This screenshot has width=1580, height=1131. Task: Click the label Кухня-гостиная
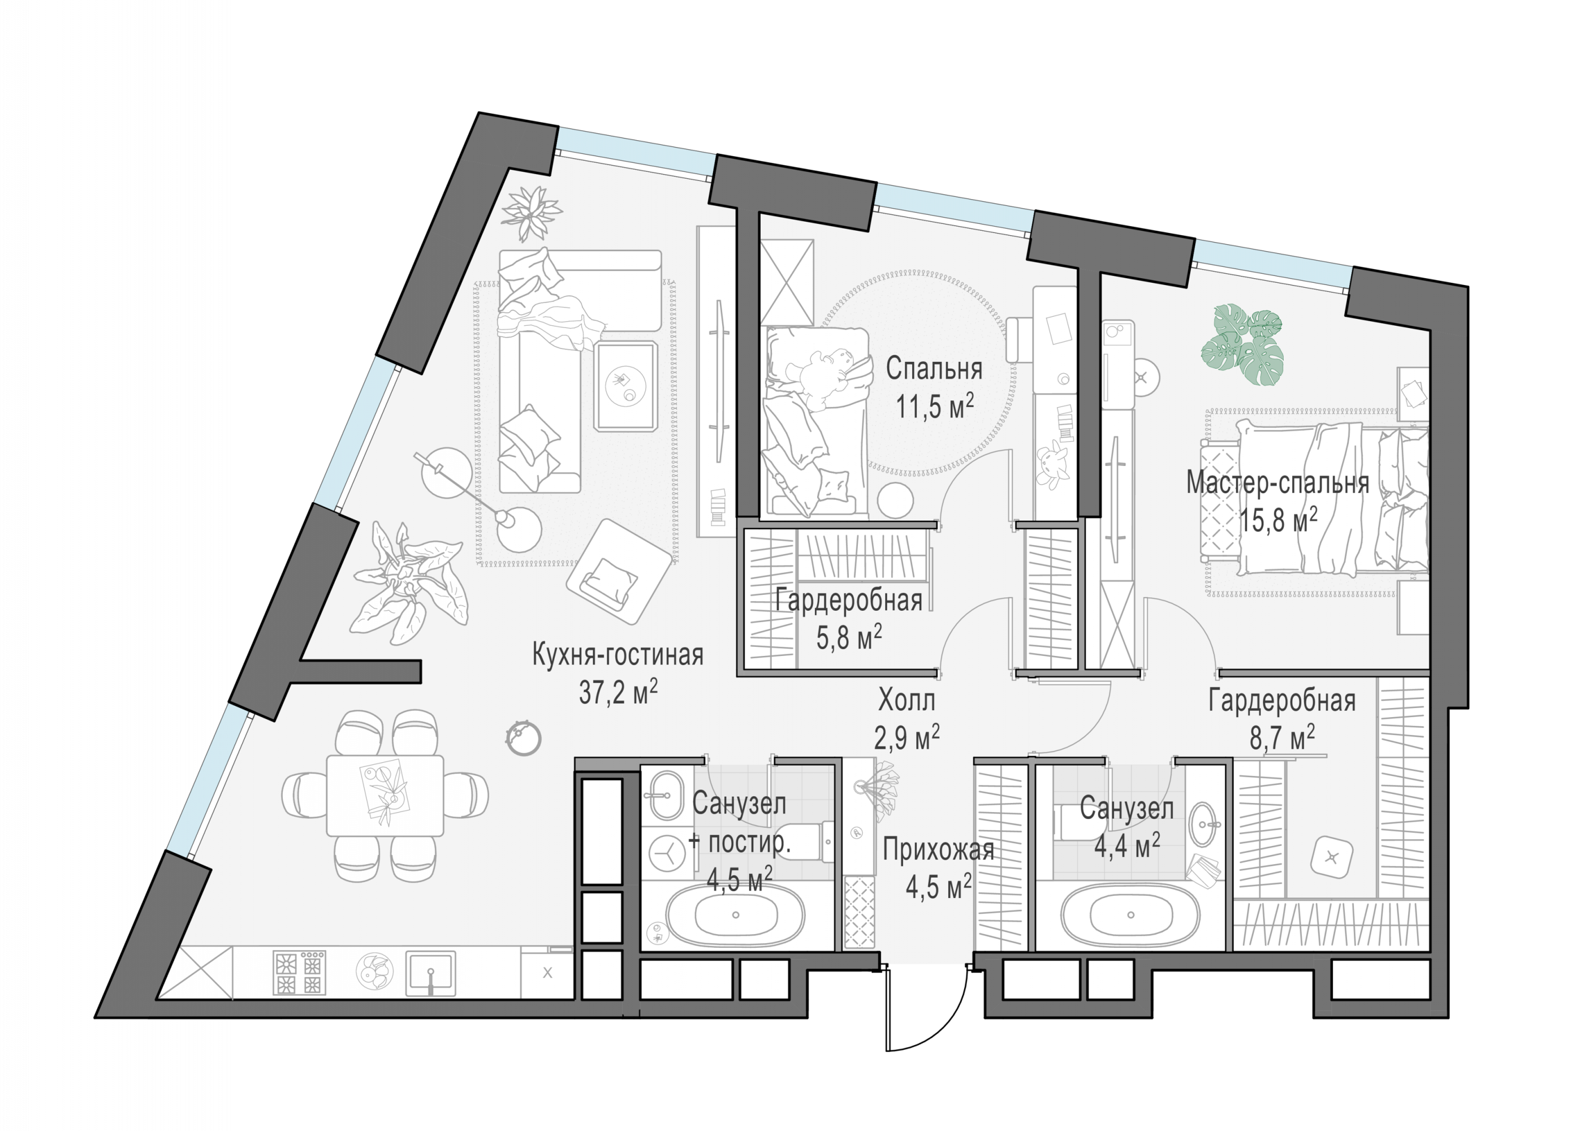[618, 656]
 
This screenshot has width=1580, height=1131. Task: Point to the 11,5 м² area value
[934, 406]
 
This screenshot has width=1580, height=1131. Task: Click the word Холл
[906, 701]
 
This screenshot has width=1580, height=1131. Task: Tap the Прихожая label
[938, 851]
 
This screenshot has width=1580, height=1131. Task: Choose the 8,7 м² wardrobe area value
[1282, 736]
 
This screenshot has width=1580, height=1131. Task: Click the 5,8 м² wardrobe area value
[849, 637]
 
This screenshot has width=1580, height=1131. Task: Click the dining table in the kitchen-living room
[385, 795]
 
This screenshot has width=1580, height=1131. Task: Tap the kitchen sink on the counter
[431, 973]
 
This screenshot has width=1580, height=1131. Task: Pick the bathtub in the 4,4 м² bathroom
[1131, 915]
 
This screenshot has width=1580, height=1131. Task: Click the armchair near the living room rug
[618, 572]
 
